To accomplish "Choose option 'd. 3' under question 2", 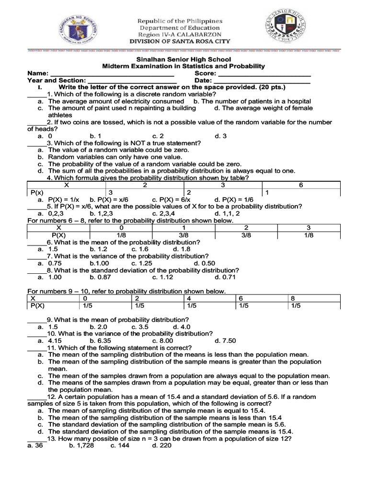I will tap(221, 136).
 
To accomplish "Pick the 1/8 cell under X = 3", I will tap(309, 235).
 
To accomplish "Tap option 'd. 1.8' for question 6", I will tap(182, 249).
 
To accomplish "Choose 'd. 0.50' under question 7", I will tap(205, 263).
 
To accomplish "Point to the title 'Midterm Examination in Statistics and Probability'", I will tap(184, 66).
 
